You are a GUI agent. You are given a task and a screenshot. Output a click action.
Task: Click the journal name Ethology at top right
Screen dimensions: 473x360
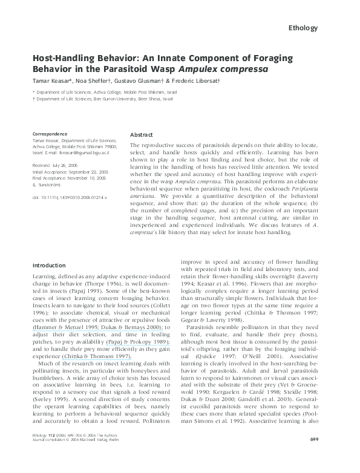click(x=310, y=28)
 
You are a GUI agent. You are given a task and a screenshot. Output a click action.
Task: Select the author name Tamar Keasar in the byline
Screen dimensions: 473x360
click(x=51, y=80)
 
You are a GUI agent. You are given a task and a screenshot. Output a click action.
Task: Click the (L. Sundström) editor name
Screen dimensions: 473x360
click(x=50, y=184)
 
